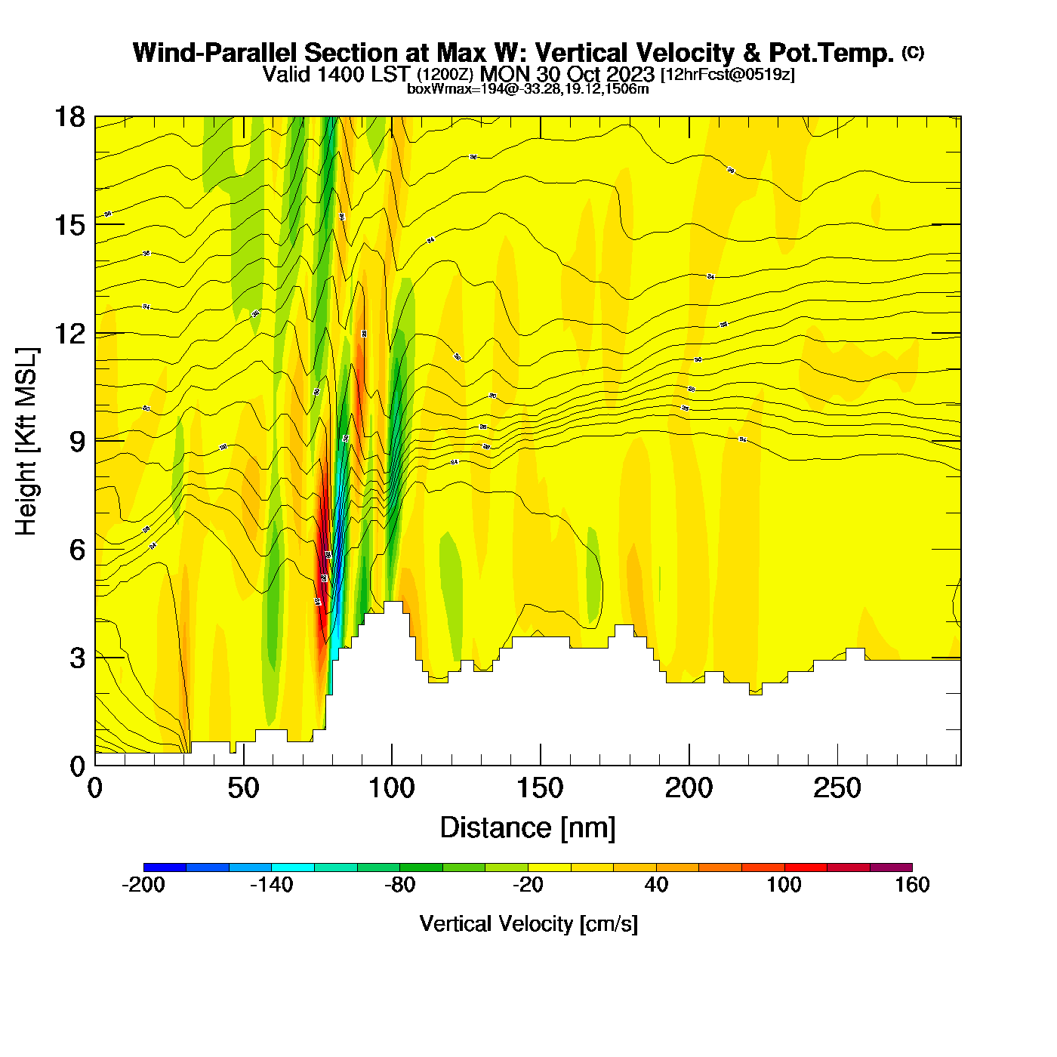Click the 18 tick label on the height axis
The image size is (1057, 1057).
pos(69,117)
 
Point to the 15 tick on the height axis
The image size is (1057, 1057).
pos(69,225)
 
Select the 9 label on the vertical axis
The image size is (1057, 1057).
pos(77,442)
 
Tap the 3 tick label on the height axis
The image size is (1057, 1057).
pos(77,658)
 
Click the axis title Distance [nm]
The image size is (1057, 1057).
pos(528,827)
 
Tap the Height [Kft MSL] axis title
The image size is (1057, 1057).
pos(26,442)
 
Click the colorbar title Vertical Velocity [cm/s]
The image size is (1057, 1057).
pos(528,923)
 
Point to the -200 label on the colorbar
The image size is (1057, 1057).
pos(143,885)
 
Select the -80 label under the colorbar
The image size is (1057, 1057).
pos(399,885)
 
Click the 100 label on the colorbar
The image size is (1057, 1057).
pos(784,885)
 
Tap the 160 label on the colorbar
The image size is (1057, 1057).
pos(912,885)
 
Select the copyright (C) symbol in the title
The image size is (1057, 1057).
pos(912,52)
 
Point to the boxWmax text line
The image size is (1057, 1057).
pos(528,89)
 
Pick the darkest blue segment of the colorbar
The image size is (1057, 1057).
pos(165,867)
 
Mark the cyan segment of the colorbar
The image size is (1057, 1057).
pos(293,867)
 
